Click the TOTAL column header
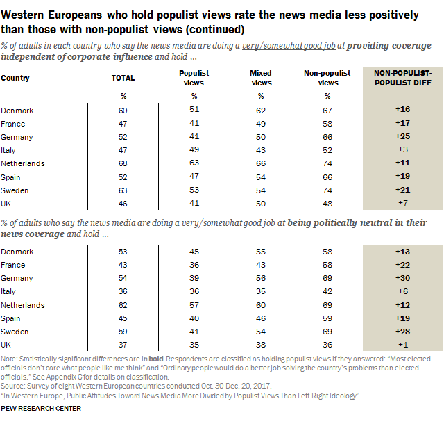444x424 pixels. pyautogui.click(x=123, y=78)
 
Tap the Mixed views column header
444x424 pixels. pyautogui.click(x=261, y=77)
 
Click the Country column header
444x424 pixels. pyautogui.click(x=15, y=78)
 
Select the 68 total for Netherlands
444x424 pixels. pyautogui.click(x=123, y=163)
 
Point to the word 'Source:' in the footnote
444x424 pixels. pyautogui.click(x=13, y=384)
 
